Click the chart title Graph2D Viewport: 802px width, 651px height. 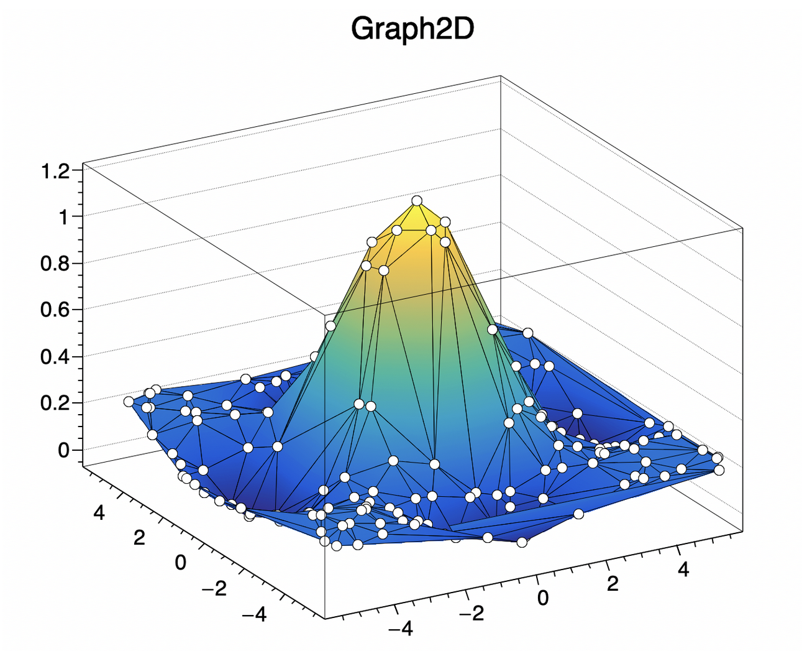[x=412, y=29]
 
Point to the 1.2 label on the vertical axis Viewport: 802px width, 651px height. [x=55, y=171]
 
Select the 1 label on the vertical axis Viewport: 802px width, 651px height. [x=63, y=218]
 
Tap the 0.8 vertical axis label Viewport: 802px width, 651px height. [x=55, y=264]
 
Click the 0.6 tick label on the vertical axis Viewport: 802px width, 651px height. [x=55, y=310]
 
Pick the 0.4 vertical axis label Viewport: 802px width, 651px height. [x=55, y=357]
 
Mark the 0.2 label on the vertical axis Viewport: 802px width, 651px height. [x=55, y=404]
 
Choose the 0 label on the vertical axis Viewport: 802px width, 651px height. [x=63, y=450]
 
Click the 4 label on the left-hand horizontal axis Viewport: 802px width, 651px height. [x=99, y=513]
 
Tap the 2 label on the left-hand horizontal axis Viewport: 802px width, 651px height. [x=139, y=538]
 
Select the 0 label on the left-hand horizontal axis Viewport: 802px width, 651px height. [x=180, y=563]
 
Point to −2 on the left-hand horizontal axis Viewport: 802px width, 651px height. [x=215, y=588]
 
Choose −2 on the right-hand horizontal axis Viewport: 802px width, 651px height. [x=471, y=614]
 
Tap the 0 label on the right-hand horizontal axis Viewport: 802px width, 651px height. [x=544, y=598]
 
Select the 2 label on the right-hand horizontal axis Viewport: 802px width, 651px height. [x=613, y=584]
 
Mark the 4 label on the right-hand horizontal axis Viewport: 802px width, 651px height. [x=683, y=569]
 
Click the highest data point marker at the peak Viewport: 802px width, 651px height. [x=417, y=200]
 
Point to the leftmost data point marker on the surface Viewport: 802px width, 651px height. [x=129, y=402]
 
